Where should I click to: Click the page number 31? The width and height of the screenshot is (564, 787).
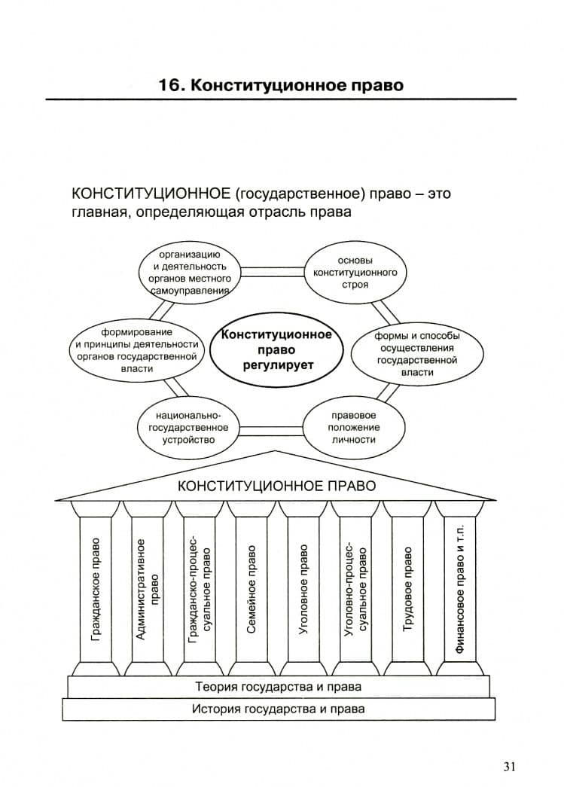pos(509,767)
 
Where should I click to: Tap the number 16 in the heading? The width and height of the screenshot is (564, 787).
pos(169,85)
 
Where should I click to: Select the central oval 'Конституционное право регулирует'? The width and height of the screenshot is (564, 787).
pos(276,350)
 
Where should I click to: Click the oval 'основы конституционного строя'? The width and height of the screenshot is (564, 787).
pos(355,273)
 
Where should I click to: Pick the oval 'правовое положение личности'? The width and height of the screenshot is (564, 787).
pos(353,428)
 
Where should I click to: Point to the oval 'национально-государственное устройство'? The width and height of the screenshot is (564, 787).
pos(188,428)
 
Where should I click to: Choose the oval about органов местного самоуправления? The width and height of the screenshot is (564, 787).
pos(189,273)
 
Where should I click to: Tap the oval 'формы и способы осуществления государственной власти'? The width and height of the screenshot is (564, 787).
pos(417,354)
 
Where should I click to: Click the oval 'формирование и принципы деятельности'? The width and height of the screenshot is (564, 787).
pos(137,350)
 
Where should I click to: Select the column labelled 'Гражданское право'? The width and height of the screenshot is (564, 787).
pos(96,589)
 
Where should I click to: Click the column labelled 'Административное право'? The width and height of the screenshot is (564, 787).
pos(148,589)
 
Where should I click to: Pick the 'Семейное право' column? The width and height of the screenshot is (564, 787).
pos(252,589)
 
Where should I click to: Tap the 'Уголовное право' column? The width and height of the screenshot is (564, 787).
pos(303,589)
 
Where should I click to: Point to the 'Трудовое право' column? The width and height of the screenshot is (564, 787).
pos(407,589)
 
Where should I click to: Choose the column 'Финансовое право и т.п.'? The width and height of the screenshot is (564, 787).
pos(459,589)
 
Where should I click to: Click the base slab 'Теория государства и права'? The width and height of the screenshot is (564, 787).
pos(279,687)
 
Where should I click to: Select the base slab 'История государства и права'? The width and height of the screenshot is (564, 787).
pos(279,709)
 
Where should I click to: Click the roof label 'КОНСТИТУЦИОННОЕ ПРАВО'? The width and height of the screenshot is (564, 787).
pos(276,486)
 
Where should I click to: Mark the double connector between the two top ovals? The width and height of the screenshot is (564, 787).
pos(273,273)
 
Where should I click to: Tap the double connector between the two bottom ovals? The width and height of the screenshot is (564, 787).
pos(271,430)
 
